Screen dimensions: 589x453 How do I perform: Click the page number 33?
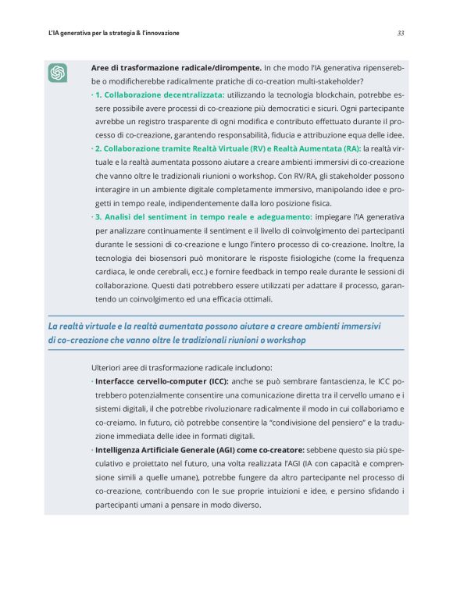coord(401,34)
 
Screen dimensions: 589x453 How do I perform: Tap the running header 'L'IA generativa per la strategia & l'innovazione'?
coord(113,34)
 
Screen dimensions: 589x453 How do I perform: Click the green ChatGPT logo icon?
coord(58,73)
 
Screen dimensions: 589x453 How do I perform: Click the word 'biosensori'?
coord(180,258)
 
